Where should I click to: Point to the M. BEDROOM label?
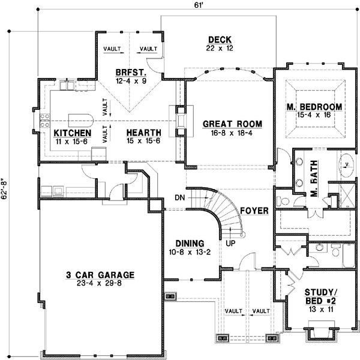click(314, 107)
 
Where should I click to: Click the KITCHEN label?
click(72, 133)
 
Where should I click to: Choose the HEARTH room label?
click(143, 133)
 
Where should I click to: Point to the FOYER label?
click(254, 211)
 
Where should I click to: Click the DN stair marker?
click(179, 197)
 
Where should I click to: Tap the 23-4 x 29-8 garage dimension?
click(100, 285)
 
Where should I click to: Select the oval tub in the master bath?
click(346, 163)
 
